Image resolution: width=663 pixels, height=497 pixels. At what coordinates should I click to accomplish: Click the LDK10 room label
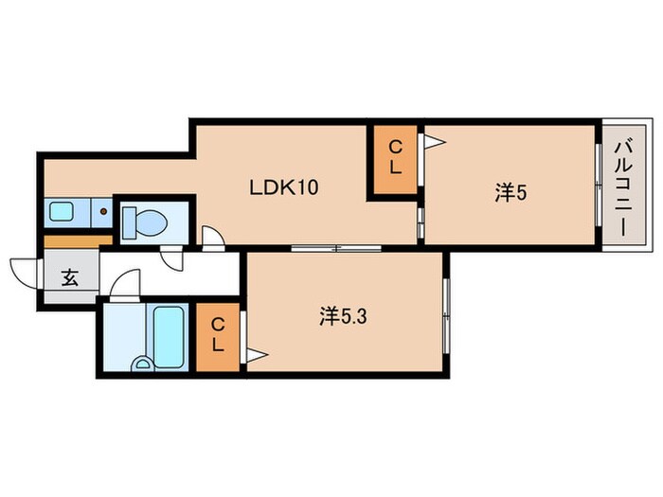point(284,187)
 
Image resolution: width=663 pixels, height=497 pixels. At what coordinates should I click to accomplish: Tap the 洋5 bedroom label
point(511,193)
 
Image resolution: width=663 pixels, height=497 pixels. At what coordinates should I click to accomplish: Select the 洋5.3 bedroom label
point(343,316)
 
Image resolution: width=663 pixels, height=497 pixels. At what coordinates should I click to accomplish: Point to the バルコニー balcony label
point(624,189)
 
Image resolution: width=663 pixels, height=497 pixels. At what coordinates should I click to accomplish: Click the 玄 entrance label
point(70,277)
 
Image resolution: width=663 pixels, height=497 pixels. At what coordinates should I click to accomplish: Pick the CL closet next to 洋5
point(395,159)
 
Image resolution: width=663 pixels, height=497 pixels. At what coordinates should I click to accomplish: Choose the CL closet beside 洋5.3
point(218,337)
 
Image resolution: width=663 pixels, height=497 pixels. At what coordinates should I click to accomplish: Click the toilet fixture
point(145,222)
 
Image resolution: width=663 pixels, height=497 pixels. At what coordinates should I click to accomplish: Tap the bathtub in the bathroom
point(169,337)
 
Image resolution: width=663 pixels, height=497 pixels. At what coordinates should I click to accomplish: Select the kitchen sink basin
point(62,211)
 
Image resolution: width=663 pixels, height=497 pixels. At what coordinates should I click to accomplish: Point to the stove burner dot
point(102,211)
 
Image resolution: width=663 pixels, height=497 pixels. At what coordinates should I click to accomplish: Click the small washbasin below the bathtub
point(142,364)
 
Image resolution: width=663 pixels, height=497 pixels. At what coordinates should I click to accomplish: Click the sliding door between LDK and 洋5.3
point(336,248)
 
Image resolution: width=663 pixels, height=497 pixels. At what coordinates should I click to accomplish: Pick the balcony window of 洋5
point(598,185)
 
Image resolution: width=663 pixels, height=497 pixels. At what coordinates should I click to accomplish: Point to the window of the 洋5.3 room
point(446,315)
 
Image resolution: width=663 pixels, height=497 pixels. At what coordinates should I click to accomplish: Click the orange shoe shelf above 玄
point(79,241)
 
